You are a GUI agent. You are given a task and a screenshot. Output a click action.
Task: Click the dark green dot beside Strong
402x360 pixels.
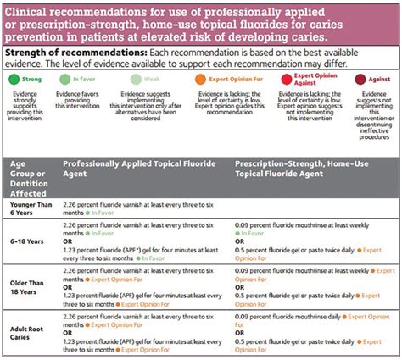point(12,79)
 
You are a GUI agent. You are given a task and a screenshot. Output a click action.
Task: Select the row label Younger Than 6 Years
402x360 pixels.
point(31,208)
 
